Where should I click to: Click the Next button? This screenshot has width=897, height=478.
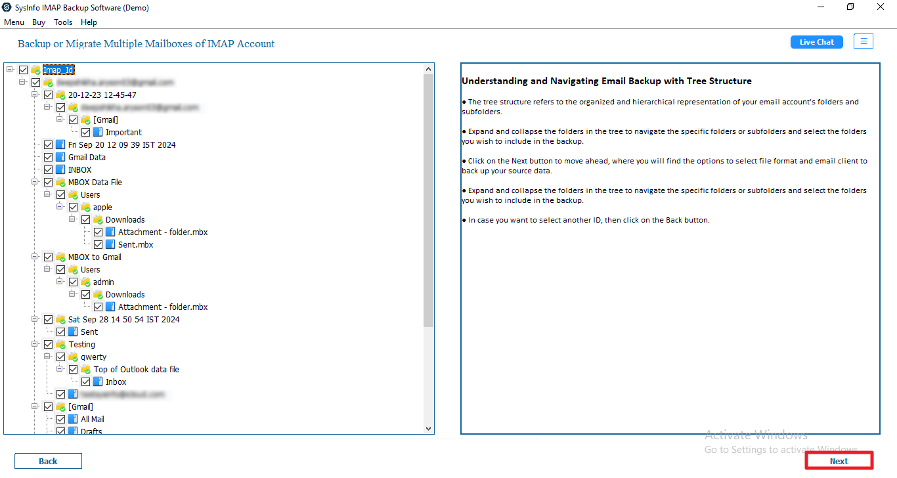coord(839,461)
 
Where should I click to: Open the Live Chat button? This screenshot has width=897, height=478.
coord(816,42)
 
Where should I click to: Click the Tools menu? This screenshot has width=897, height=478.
coord(63,22)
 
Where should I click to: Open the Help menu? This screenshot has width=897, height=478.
coord(89,22)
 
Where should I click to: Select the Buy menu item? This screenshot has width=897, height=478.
coord(39,22)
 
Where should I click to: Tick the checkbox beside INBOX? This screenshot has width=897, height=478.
coord(49,170)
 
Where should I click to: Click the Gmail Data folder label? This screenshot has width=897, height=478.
coord(87,158)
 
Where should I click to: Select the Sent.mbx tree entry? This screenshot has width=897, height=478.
coord(135,245)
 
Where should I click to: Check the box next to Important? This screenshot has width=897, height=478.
coord(86,133)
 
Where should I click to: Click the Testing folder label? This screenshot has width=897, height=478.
coord(81,345)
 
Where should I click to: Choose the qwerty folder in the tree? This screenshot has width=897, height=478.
coord(93,357)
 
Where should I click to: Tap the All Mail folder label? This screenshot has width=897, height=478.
coord(93,420)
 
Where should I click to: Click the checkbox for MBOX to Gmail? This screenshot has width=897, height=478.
coord(49,257)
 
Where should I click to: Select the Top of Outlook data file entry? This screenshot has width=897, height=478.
coord(136,370)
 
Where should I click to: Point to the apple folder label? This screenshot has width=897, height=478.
coord(102,207)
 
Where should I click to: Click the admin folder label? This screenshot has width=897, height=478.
coord(103,282)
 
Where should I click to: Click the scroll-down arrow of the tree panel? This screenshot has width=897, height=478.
coord(429,429)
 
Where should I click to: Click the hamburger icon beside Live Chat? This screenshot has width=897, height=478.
coord(864,41)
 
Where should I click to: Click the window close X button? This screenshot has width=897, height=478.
coord(880,7)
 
